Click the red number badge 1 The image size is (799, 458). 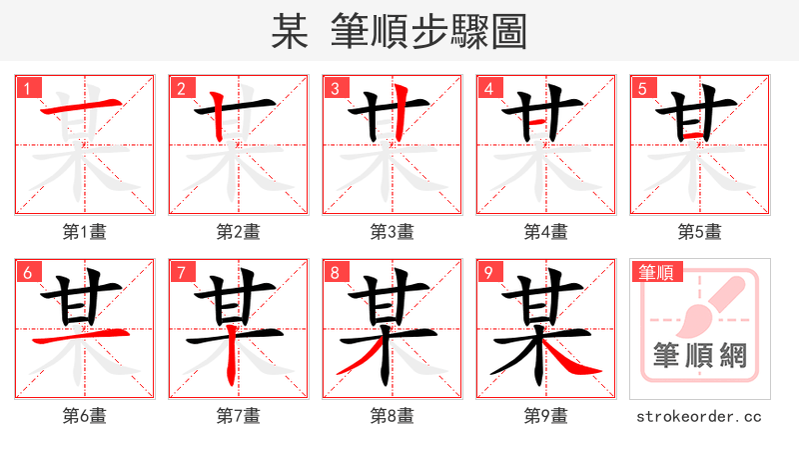tap(28, 88)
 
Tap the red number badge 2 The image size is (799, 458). tap(182, 88)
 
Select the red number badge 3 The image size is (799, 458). tap(336, 88)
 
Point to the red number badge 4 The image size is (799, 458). tap(489, 88)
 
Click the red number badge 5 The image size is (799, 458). tap(643, 88)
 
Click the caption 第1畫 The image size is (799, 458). tap(85, 232)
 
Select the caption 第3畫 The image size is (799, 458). tap(393, 232)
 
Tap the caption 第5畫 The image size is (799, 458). tap(700, 232)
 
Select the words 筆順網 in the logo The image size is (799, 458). tap(700, 355)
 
